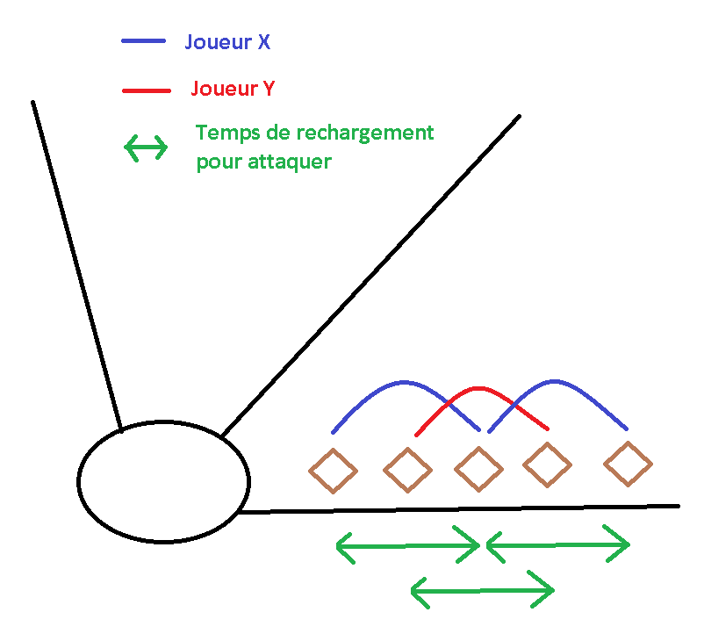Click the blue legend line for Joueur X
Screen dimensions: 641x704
143,40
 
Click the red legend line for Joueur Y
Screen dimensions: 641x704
147,90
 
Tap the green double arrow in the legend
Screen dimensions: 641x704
146,148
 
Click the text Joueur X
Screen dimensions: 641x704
227,41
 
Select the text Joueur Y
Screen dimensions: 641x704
233,89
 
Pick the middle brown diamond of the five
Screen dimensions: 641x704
478,469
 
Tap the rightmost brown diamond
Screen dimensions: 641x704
628,464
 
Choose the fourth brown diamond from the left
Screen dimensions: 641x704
549,465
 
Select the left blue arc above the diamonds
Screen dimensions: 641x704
405,382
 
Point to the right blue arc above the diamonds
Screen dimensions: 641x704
555,381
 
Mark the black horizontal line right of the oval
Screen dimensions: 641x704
456,508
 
